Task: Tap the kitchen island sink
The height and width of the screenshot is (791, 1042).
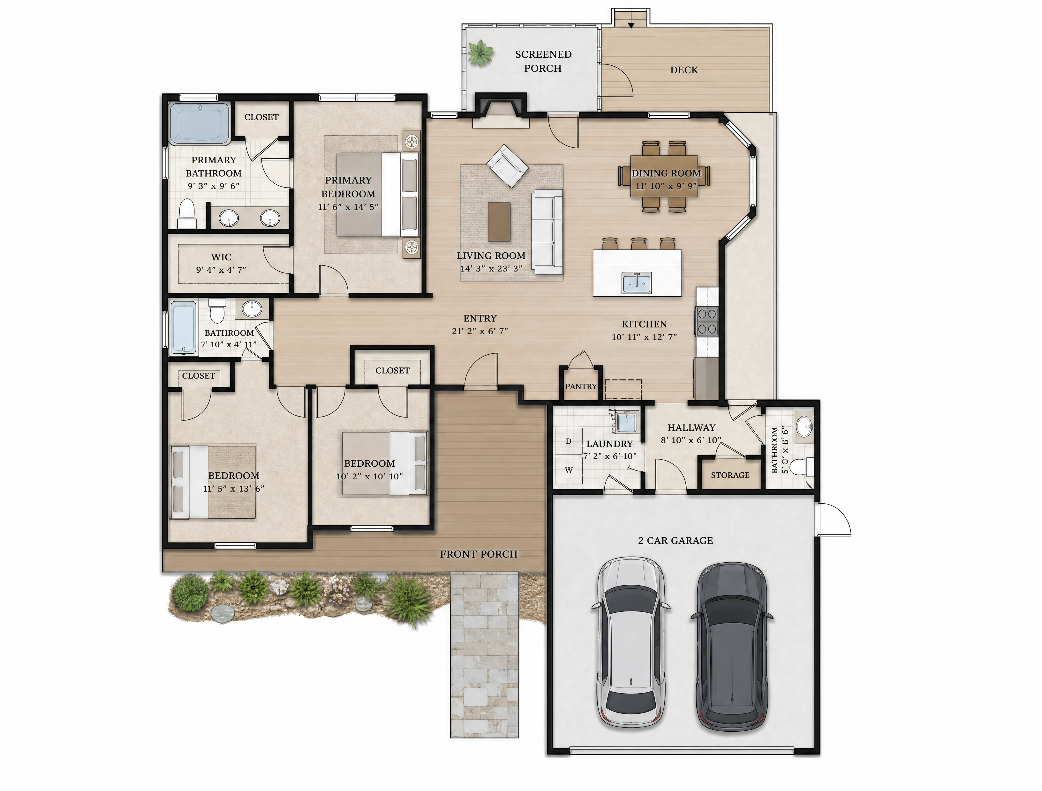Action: tap(637, 283)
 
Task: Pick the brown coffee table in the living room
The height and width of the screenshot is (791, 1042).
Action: tap(499, 221)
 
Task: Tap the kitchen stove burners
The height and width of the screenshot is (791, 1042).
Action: tap(707, 321)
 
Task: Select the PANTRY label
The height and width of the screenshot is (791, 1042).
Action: tap(581, 387)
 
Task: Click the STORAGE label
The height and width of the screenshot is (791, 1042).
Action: tap(730, 475)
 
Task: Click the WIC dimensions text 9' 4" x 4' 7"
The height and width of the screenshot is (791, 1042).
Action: tap(221, 270)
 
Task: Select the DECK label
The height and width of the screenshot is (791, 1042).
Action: tap(684, 70)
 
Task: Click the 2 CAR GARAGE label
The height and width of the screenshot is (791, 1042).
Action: tap(675, 541)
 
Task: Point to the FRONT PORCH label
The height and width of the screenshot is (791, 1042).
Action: tap(479, 554)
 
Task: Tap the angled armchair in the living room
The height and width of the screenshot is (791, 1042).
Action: tap(507, 166)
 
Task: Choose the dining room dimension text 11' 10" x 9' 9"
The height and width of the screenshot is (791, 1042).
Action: tap(666, 186)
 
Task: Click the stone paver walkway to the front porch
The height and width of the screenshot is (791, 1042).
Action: tap(485, 654)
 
